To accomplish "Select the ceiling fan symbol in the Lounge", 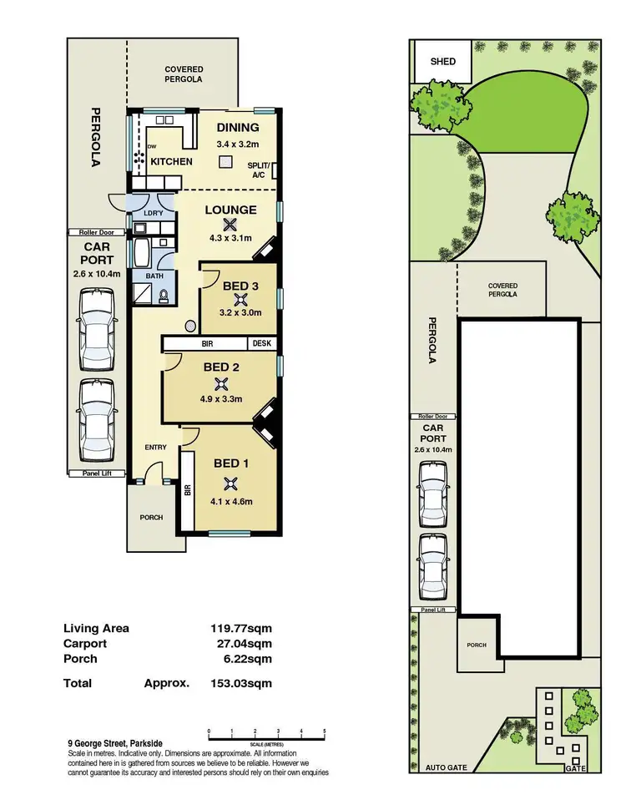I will [230, 224].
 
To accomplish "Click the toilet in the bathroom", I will [164, 295].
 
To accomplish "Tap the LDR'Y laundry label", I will [153, 213].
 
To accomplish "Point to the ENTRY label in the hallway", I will [155, 448].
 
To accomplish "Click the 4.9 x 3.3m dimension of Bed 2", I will [221, 399].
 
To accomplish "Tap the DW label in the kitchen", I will [152, 147].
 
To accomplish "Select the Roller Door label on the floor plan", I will [97, 233].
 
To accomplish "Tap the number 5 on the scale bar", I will [323, 731].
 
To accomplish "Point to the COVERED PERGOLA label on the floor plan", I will [184, 74].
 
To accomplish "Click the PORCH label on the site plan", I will [477, 645].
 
